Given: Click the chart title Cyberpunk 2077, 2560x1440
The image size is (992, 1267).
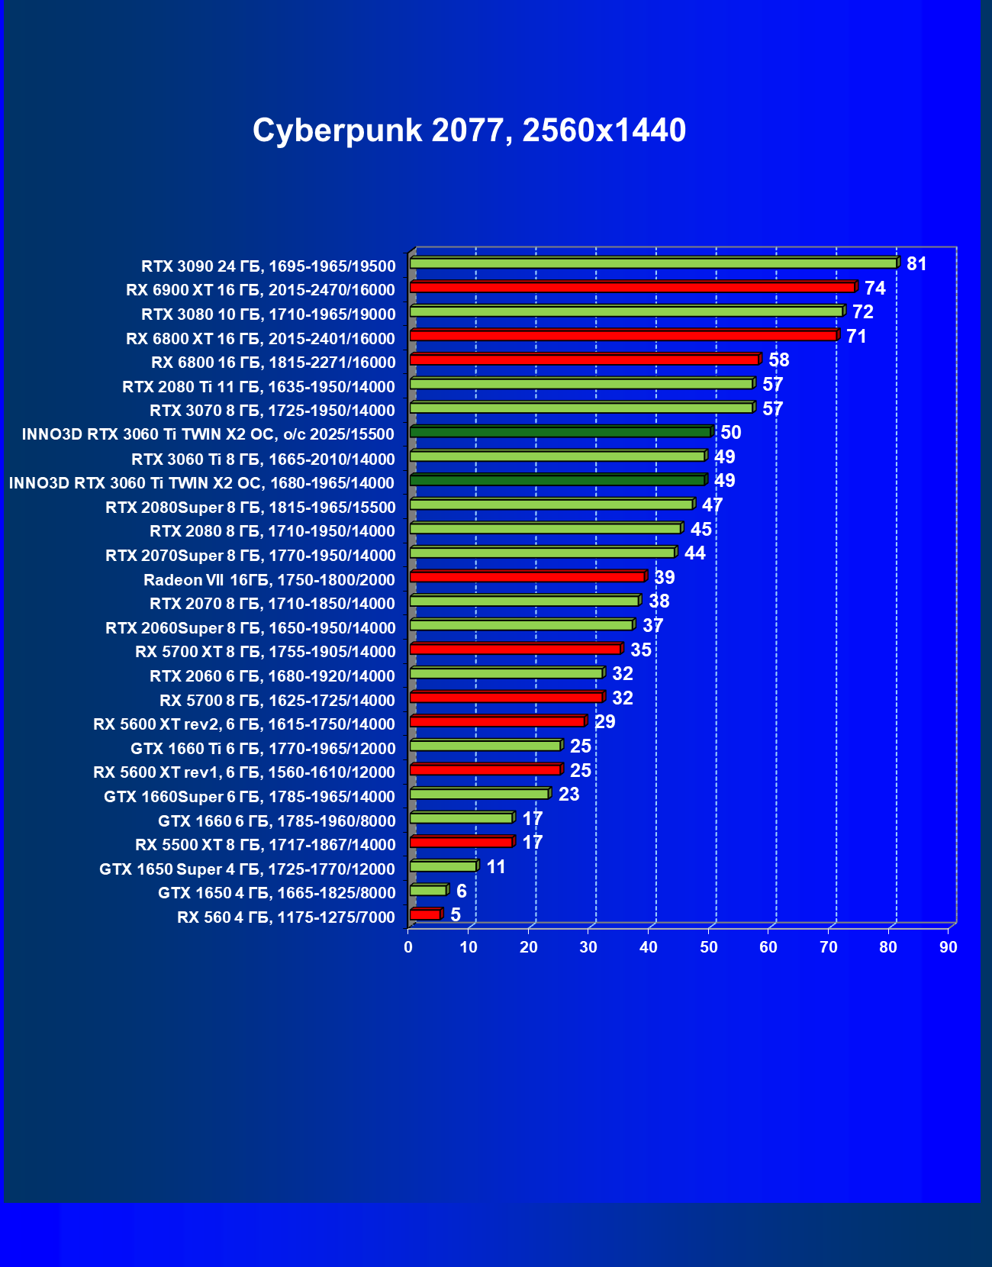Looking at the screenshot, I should (469, 131).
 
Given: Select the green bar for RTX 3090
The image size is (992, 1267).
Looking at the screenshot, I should (653, 263).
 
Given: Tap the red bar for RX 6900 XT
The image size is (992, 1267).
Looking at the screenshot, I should (632, 287).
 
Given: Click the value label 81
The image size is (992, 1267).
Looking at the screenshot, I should (916, 264).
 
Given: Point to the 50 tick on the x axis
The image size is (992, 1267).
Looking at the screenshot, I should (709, 947).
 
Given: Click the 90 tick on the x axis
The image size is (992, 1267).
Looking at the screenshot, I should (949, 947).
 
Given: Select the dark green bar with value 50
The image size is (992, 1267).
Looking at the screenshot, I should (560, 432).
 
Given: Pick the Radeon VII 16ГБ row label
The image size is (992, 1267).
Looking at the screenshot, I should (269, 580).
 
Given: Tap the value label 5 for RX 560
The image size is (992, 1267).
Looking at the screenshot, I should (456, 915).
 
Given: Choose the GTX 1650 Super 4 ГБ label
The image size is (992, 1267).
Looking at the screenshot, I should (246, 869).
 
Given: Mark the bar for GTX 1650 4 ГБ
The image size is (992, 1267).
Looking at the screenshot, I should (428, 891).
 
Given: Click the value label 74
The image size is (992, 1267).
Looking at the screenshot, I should (874, 289).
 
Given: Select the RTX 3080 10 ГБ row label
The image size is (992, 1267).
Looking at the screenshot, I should (268, 314).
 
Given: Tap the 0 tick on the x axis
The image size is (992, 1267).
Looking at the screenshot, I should (408, 947).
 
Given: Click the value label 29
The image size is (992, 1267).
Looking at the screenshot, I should (604, 722).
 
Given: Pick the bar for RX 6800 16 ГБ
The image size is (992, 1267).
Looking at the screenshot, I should (584, 359).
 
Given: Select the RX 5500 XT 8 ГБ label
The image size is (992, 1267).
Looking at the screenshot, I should (265, 845).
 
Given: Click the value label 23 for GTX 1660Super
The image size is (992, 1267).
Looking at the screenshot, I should (568, 795).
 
